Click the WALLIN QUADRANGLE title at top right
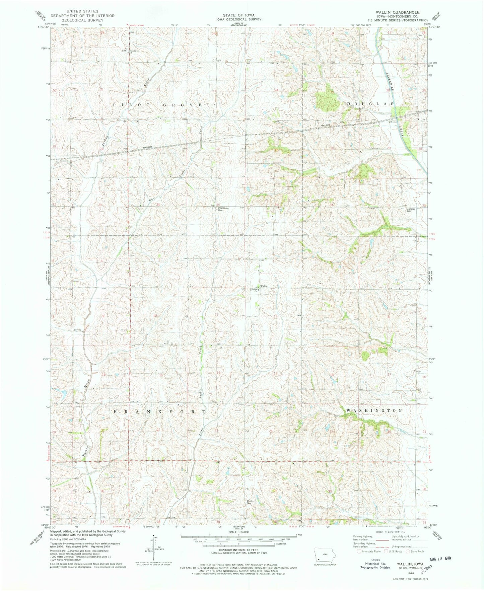tap(392, 12)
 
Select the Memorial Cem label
tap(411, 210)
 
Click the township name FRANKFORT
tap(160, 412)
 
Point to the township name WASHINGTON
tap(374, 410)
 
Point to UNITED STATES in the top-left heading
tap(82, 11)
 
